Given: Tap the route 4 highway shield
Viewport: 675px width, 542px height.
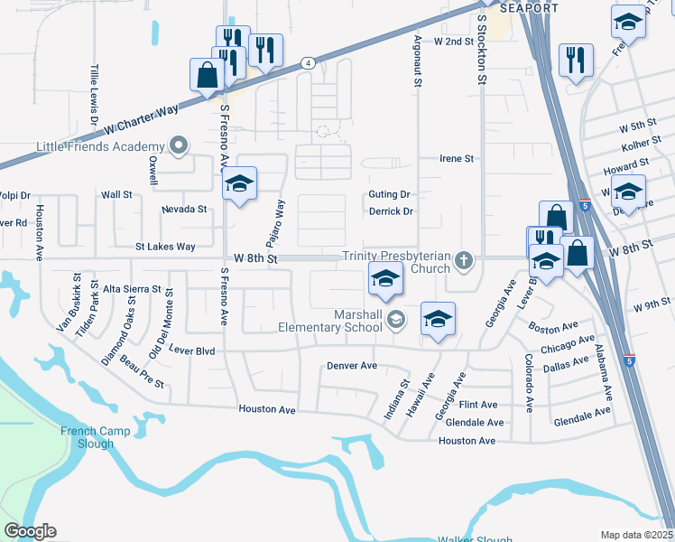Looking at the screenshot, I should point(309,63).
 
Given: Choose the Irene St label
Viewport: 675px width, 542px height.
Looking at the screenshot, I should point(456,159).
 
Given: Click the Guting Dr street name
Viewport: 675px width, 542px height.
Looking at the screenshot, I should point(390,195).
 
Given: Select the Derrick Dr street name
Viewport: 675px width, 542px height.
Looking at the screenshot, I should point(391,212).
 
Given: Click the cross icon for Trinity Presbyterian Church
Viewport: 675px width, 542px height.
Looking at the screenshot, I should point(464,261).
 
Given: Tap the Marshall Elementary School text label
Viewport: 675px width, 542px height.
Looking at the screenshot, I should point(330,321).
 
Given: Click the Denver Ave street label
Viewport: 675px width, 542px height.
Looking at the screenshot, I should point(352,367).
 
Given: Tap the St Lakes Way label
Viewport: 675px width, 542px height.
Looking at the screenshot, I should point(165,247).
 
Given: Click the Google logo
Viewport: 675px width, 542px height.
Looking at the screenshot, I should point(30,532).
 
